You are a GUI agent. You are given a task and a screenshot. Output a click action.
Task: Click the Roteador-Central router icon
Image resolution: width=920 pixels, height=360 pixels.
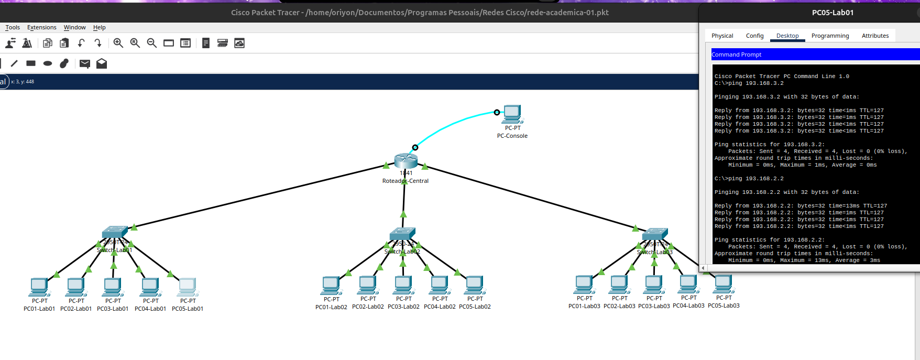(406, 160)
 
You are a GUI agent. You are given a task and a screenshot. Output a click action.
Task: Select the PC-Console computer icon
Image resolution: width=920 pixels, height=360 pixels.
(512, 114)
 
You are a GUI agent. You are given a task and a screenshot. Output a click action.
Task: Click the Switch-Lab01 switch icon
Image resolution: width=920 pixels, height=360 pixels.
(115, 232)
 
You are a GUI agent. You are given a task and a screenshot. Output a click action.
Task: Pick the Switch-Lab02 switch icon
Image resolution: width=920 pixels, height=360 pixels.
(402, 234)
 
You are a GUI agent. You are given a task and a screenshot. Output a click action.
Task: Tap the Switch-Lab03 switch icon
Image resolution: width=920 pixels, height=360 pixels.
(655, 234)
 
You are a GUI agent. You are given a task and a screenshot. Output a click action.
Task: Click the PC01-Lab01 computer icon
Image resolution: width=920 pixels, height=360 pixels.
(39, 287)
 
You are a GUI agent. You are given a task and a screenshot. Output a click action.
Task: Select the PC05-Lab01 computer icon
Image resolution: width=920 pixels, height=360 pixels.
(187, 287)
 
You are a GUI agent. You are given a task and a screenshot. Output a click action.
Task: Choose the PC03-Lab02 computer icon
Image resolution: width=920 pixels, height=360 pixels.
(403, 285)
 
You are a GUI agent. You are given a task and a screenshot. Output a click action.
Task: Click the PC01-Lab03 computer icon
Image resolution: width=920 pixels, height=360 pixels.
(584, 285)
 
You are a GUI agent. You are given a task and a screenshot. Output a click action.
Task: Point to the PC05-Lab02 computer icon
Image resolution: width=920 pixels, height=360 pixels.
(474, 285)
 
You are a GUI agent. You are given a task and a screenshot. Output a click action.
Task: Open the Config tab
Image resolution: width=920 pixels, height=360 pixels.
(754, 36)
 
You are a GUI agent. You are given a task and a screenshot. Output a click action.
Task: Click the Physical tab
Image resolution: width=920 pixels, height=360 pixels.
(722, 36)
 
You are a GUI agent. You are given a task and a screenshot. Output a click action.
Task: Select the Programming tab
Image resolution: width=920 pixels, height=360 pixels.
(830, 36)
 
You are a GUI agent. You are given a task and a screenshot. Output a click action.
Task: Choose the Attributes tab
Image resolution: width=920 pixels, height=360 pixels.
(875, 36)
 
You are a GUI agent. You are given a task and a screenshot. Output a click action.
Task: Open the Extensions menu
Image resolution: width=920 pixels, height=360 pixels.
(42, 27)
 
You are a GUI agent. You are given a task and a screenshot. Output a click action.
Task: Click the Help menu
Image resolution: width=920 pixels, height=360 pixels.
(100, 27)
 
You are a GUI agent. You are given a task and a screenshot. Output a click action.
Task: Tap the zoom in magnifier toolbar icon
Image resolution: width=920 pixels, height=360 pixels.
(118, 43)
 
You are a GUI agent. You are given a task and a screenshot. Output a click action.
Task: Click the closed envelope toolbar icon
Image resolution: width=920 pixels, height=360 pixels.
(85, 63)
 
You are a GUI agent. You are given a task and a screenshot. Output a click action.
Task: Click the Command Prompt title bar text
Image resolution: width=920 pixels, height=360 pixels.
(736, 54)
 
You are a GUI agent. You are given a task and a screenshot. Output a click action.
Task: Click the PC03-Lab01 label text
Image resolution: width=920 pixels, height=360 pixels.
(113, 309)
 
